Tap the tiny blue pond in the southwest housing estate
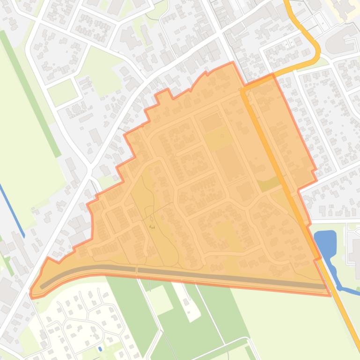pyautogui.click(x=100, y=349)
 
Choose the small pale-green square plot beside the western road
pyautogui.click(x=62, y=92)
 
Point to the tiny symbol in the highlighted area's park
pyautogui.click(x=152, y=226)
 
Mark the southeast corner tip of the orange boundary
pyautogui.click(x=330, y=295)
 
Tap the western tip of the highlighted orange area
pyautogui.click(x=31, y=294)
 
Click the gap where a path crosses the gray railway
pyautogui.click(x=137, y=270)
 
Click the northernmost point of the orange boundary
pyautogui.click(x=233, y=62)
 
